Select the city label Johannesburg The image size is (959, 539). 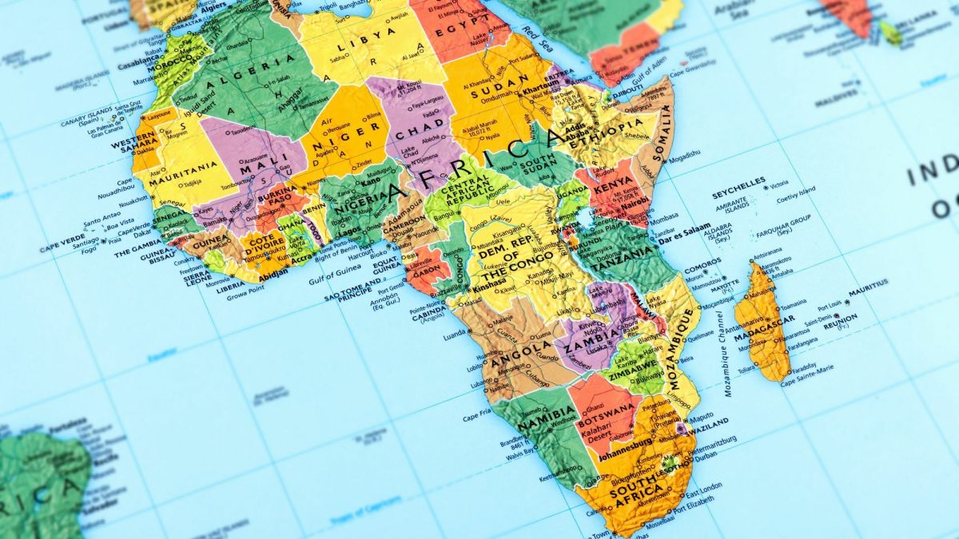(x=625, y=458)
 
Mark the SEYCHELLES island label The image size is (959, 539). (x=738, y=180)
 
